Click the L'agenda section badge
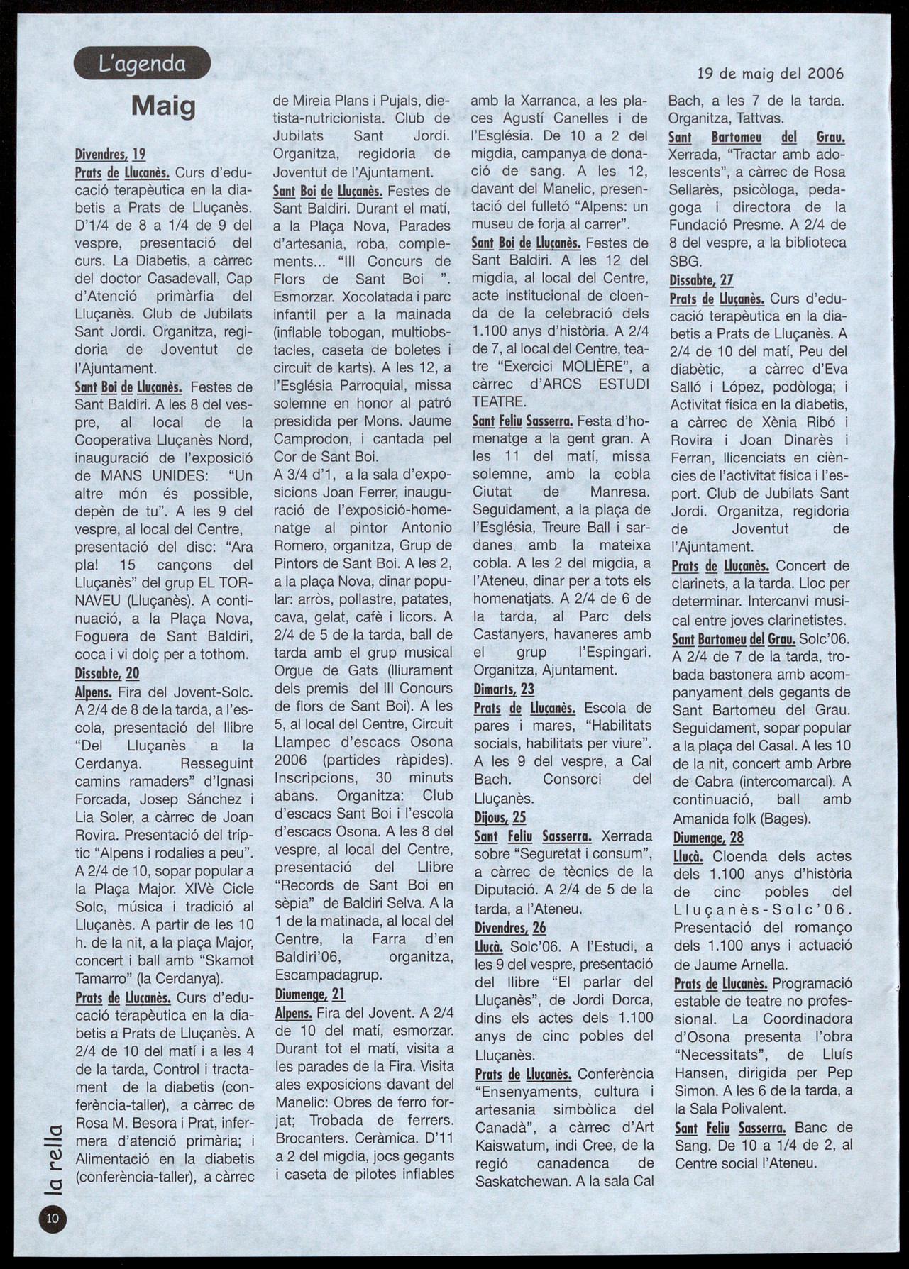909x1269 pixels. [x=142, y=63]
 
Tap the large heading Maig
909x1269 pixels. [x=163, y=106]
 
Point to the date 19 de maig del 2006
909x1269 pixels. [x=771, y=73]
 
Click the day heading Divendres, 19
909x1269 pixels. [x=110, y=154]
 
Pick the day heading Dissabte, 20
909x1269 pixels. [x=107, y=673]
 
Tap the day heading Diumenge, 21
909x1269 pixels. [x=309, y=994]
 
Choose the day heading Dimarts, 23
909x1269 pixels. [x=504, y=689]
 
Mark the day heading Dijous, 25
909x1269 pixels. [x=500, y=818]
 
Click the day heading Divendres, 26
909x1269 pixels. [x=509, y=927]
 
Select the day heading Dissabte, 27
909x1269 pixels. [x=701, y=280]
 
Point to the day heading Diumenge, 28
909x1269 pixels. [x=708, y=838]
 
